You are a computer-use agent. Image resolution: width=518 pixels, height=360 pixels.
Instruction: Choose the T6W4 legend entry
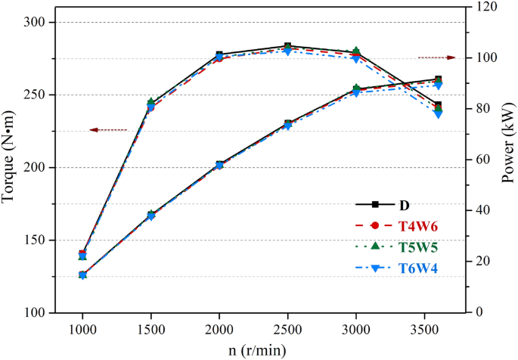(x=414, y=268)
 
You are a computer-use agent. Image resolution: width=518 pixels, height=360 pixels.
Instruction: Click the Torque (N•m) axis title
(x=10, y=159)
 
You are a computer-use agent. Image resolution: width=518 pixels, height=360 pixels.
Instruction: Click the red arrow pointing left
(x=107, y=130)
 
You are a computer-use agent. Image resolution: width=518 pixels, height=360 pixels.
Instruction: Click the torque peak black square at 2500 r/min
(x=287, y=46)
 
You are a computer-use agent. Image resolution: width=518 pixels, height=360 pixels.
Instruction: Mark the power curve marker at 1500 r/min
(x=150, y=216)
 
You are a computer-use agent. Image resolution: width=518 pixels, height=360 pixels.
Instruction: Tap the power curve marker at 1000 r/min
(x=82, y=275)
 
